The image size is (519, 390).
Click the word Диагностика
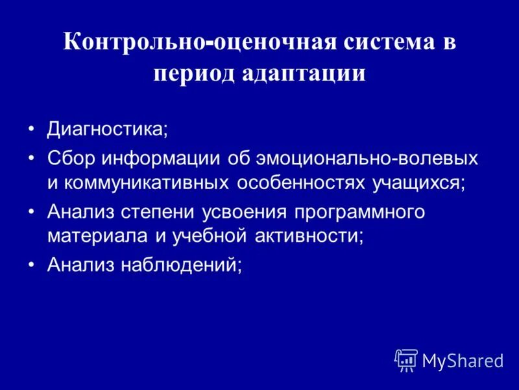(x=106, y=128)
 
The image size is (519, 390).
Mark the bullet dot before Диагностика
(x=32, y=128)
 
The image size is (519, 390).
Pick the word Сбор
(x=67, y=158)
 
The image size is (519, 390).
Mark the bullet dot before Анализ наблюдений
(x=32, y=265)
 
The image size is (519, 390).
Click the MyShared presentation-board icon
(x=406, y=359)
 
